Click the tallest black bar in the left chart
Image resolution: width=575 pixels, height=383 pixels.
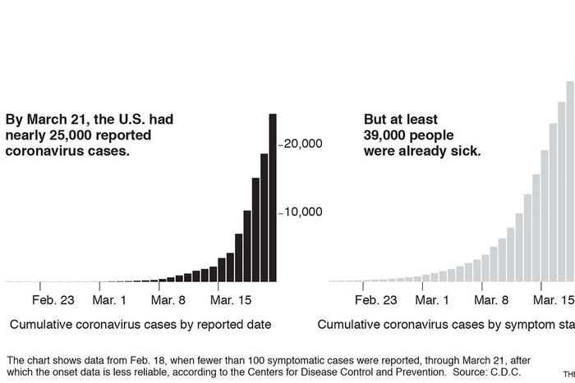[273, 198]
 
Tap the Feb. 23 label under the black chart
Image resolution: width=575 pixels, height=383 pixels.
[53, 300]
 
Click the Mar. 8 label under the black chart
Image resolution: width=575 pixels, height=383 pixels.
[169, 300]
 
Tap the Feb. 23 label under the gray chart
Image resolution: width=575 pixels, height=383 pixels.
[377, 300]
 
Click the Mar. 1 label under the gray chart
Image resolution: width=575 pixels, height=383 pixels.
[432, 300]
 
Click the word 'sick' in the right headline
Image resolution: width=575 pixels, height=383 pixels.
[466, 152]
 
